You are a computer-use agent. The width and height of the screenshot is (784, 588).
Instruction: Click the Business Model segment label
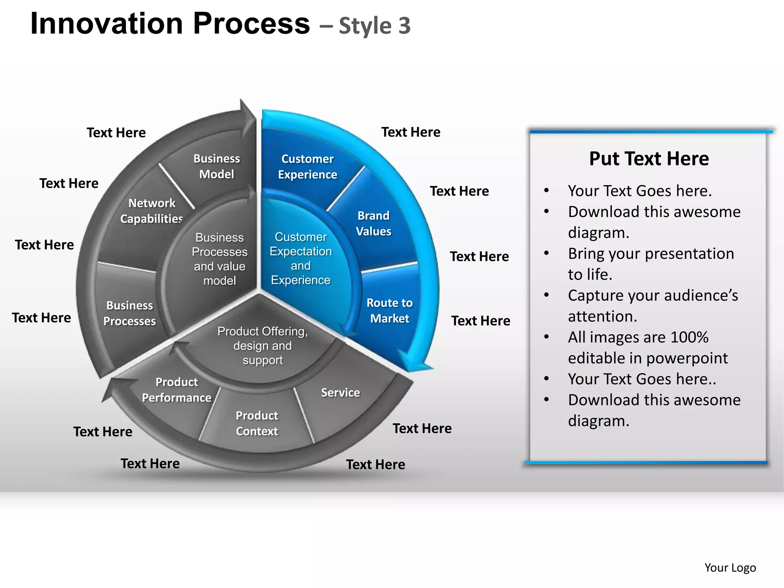(x=216, y=166)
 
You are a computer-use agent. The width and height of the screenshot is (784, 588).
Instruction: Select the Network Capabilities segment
(x=152, y=211)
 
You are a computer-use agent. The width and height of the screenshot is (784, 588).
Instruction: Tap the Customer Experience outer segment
(x=307, y=167)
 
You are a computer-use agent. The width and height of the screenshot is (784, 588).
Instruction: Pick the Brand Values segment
(x=374, y=224)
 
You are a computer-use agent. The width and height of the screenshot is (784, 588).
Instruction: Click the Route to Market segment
(x=389, y=310)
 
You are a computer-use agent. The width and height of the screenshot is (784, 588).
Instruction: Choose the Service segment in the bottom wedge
(x=340, y=393)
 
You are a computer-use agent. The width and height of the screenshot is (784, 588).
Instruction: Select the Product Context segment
(x=257, y=423)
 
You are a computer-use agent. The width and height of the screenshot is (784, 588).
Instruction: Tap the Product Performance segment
(x=176, y=390)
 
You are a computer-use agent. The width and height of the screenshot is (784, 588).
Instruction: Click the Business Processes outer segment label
(x=129, y=313)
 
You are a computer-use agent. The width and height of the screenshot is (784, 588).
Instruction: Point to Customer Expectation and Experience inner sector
(x=301, y=258)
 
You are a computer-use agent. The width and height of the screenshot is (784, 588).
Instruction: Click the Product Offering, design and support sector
(x=263, y=346)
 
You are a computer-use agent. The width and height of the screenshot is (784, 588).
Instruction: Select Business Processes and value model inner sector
(x=219, y=259)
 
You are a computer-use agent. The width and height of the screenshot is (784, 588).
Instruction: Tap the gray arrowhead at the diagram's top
(x=247, y=115)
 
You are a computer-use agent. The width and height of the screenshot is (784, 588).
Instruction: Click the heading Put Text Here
(x=649, y=158)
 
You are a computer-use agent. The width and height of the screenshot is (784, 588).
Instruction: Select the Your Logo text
(x=730, y=567)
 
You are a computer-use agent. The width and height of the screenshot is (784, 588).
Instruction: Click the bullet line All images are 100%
(x=638, y=337)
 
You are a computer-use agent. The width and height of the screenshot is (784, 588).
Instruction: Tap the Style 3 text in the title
(x=374, y=26)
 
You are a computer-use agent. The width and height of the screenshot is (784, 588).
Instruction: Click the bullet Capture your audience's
(x=653, y=296)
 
